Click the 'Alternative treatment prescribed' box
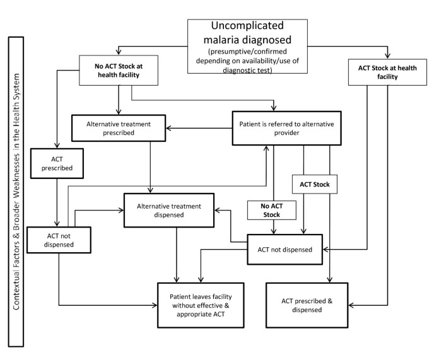119,128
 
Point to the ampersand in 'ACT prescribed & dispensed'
328,300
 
